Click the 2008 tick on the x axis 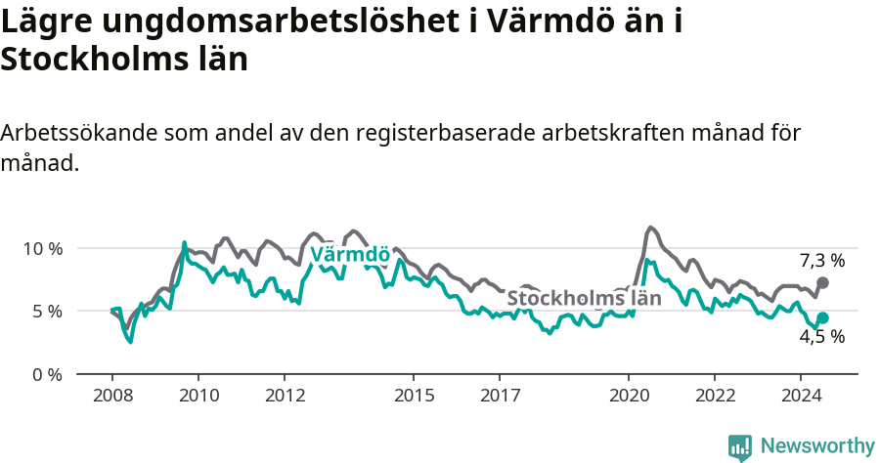(x=112, y=396)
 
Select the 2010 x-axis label (x=198, y=396)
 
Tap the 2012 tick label (x=285, y=396)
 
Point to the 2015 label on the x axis (x=414, y=396)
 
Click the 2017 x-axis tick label (x=500, y=396)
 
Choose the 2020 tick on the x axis (x=629, y=396)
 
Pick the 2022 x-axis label (x=715, y=396)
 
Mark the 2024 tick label (x=801, y=396)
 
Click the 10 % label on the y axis (x=42, y=248)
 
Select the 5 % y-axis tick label (x=47, y=312)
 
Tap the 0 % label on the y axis (x=47, y=374)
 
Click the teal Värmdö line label (x=350, y=256)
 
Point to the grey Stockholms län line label (x=584, y=298)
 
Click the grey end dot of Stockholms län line (x=822, y=282)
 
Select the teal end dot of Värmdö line (x=822, y=317)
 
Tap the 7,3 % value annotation (x=821, y=261)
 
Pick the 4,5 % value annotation (x=821, y=337)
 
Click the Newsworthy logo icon (x=740, y=447)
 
